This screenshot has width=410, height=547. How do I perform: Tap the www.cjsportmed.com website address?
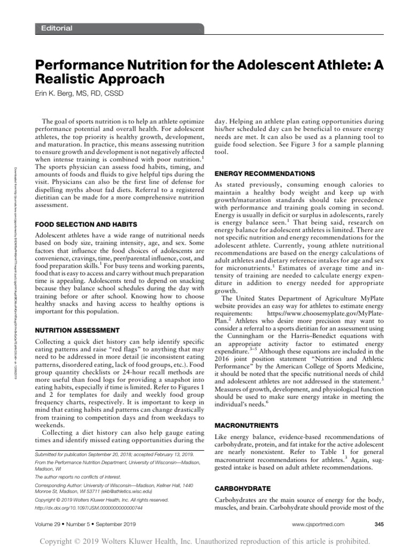pyautogui.click(x=318, y=525)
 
